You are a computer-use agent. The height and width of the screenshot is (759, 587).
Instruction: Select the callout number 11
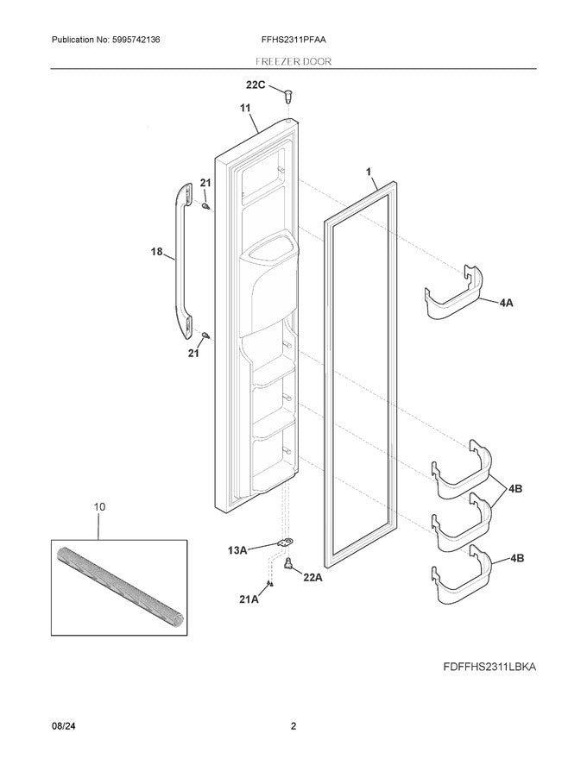[x=244, y=110]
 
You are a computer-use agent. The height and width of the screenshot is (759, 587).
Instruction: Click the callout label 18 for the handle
[x=158, y=252]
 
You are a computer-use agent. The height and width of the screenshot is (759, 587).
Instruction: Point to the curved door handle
[x=180, y=259]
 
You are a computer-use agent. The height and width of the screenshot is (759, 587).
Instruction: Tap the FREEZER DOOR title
[x=293, y=62]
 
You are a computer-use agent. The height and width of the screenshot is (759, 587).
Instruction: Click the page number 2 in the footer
[x=293, y=726]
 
